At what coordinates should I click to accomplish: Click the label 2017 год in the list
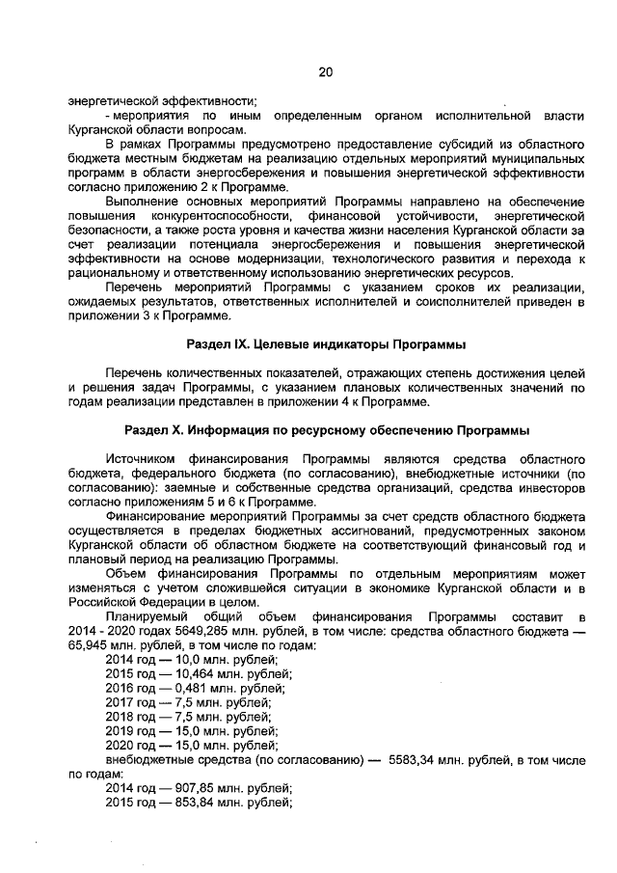pos(130,702)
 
